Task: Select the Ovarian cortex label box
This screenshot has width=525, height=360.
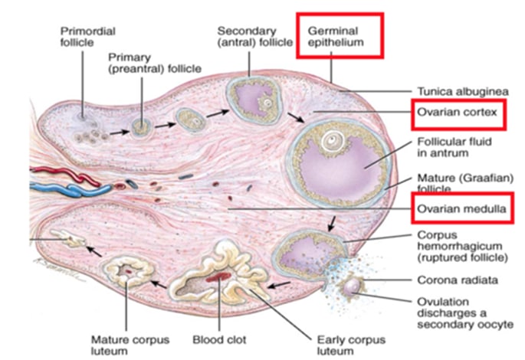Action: (x=458, y=115)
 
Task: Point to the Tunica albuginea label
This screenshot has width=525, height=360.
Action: (x=457, y=89)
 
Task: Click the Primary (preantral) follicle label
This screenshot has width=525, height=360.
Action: (x=154, y=62)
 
